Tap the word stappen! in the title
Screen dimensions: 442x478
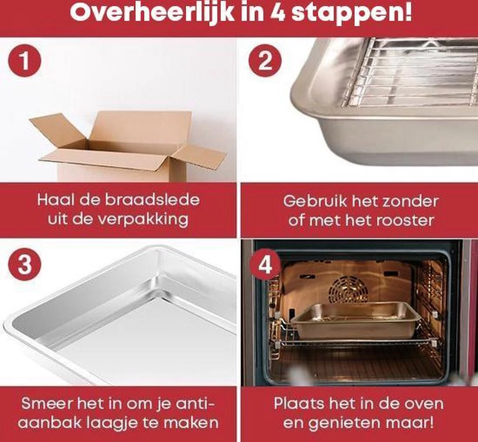pyautogui.click(x=352, y=14)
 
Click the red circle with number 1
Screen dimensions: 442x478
pyautogui.click(x=25, y=62)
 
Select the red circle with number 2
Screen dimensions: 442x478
pyautogui.click(x=265, y=62)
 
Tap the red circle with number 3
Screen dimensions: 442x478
pyautogui.click(x=25, y=264)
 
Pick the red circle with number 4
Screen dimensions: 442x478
pyautogui.click(x=265, y=264)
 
